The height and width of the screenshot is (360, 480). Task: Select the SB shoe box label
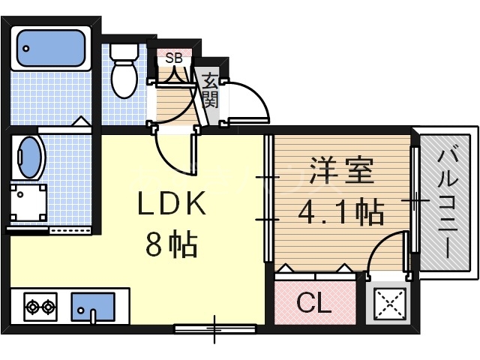pos(173,58)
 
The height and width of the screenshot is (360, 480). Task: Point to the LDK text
pos(170,204)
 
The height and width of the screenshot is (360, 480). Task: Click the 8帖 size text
pos(171,245)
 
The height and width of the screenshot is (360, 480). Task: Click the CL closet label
pos(313,304)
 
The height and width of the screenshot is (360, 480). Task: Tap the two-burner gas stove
pos(40,306)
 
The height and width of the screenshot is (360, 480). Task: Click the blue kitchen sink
pos(93,307)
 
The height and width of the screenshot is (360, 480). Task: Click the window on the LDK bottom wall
pos(215,328)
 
